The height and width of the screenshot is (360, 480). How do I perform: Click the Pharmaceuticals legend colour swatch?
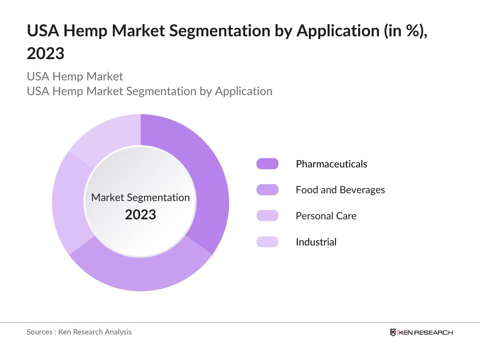[x=267, y=164]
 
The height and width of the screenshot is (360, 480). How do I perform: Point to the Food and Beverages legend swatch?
[x=267, y=190]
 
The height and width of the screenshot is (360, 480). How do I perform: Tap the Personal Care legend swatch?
[x=267, y=216]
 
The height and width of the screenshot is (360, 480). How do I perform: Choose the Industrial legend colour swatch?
[x=267, y=242]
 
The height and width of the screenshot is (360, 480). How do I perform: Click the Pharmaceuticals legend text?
[x=331, y=164]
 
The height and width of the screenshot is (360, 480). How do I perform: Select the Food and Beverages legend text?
[x=340, y=190]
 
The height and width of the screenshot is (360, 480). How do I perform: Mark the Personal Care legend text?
[x=326, y=216]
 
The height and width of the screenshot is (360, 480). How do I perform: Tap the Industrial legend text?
[x=316, y=242]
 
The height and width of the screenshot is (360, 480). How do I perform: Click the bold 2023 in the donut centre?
[x=140, y=215]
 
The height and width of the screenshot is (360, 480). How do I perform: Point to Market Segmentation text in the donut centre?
[x=140, y=197]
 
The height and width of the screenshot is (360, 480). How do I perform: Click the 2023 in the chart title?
[x=46, y=54]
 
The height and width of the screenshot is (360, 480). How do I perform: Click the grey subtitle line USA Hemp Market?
[x=75, y=76]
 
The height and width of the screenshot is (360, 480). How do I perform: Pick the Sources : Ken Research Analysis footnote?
[x=79, y=332]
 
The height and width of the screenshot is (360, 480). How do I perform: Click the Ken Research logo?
[x=421, y=332]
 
